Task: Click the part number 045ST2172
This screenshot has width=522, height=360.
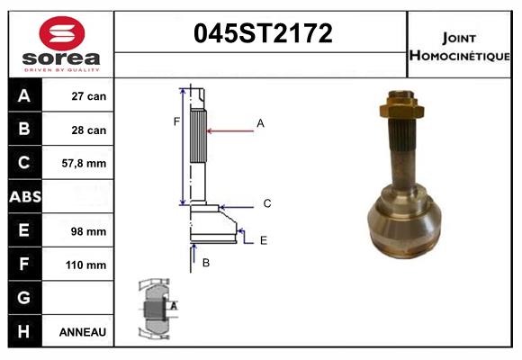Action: tap(264, 34)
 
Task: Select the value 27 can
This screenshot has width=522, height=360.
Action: tap(89, 96)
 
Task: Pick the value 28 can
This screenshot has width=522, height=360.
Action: tap(89, 130)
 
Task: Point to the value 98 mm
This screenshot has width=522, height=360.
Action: tap(89, 231)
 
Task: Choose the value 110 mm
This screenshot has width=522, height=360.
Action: tap(87, 265)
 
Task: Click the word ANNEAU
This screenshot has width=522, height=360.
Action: tap(83, 332)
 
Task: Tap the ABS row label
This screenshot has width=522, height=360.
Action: tap(23, 197)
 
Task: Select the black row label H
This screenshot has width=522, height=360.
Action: tap(23, 331)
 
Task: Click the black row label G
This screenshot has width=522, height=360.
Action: tap(23, 298)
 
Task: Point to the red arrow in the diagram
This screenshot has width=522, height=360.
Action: tap(229, 131)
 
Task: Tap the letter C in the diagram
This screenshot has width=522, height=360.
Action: tap(267, 204)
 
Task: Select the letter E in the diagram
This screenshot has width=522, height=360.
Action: tap(263, 240)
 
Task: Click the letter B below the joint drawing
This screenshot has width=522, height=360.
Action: tap(205, 263)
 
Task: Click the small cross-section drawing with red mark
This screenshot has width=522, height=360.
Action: tap(157, 308)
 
